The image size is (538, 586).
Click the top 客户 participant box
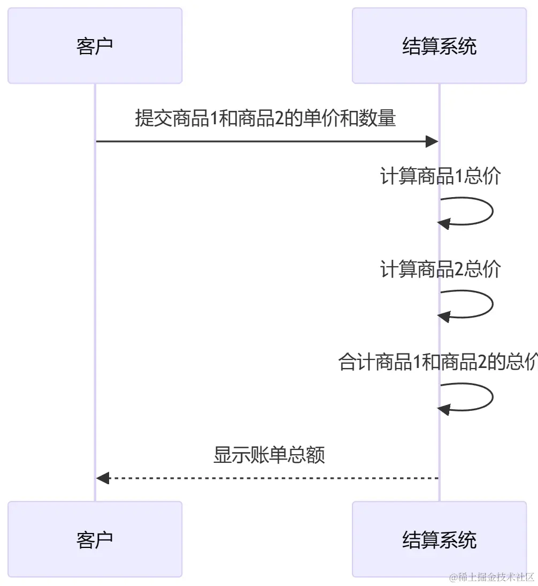click(95, 46)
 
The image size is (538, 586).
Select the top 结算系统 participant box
click(439, 46)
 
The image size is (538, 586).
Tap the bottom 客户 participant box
click(95, 539)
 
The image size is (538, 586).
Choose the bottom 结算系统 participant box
click(439, 539)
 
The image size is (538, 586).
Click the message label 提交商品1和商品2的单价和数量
click(265, 118)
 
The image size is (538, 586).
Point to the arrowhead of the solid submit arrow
click(432, 141)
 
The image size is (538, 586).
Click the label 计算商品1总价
click(440, 176)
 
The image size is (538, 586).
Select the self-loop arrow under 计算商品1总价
click(491, 211)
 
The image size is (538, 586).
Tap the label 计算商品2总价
click(440, 269)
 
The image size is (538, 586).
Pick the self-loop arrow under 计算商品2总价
click(491, 304)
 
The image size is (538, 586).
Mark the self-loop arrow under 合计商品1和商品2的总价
click(491, 397)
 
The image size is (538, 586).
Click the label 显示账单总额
click(269, 455)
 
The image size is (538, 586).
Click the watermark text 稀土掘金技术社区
click(491, 577)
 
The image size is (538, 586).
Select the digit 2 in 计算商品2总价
click(459, 269)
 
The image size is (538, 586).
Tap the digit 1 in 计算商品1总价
click(459, 176)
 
